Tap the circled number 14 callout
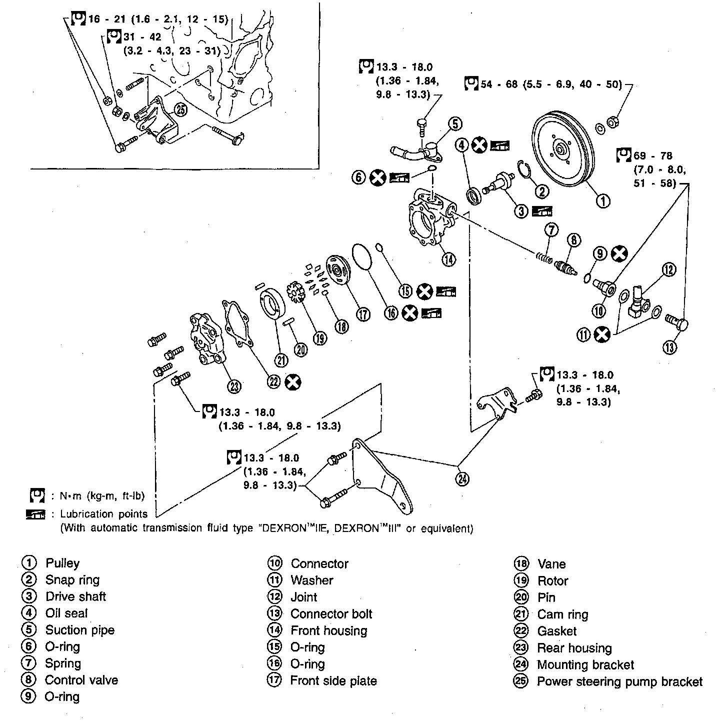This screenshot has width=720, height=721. coord(448,259)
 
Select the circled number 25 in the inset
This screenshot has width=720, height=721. coord(180,109)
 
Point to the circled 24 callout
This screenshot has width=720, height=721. coord(462,479)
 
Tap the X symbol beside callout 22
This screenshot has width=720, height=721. coord(293,382)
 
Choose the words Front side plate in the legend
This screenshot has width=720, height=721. coord(333,680)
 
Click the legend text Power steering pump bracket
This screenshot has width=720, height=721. coord(619,681)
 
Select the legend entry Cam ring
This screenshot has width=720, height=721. coord(563,614)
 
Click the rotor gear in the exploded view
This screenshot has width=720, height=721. coord(295,292)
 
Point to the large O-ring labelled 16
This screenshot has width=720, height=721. coord(362,256)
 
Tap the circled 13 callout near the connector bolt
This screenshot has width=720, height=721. coord(670,347)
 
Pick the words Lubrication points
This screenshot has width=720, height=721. coord(104,513)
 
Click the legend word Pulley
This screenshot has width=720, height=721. coord(62,563)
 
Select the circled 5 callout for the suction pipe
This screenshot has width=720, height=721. coord(455,124)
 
